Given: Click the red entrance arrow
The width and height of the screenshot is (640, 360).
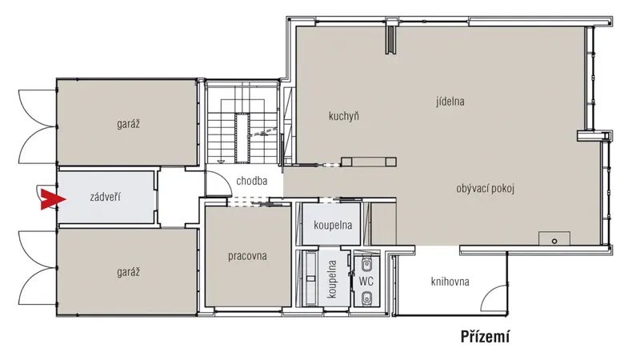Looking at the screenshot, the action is pyautogui.click(x=53, y=199).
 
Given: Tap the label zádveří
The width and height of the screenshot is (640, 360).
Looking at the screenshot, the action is pyautogui.click(x=106, y=198).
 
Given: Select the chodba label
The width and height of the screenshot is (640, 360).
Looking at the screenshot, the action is pyautogui.click(x=252, y=181).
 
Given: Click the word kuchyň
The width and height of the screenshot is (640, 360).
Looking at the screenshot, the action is pyautogui.click(x=344, y=116).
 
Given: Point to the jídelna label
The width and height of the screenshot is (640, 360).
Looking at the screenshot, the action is pyautogui.click(x=450, y=102).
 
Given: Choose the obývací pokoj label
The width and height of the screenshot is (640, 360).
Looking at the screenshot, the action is pyautogui.click(x=486, y=189).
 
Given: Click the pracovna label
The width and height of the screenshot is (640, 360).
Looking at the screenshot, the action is pyautogui.click(x=247, y=256).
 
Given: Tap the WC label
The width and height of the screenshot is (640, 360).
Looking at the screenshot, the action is pyautogui.click(x=366, y=282).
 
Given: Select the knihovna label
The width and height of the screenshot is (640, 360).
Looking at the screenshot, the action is pyautogui.click(x=450, y=282).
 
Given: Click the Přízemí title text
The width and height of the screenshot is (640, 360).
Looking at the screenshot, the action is pyautogui.click(x=486, y=337).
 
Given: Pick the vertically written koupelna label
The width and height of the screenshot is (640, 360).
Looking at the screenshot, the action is pyautogui.click(x=332, y=279).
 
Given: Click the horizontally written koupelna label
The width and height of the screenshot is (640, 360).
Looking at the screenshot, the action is pyautogui.click(x=333, y=225).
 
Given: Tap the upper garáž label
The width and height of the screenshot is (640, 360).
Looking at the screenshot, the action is pyautogui.click(x=128, y=124).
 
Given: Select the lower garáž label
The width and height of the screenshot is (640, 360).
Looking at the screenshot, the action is pyautogui.click(x=128, y=272).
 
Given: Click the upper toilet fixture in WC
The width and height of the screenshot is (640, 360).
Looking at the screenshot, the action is pyautogui.click(x=366, y=265).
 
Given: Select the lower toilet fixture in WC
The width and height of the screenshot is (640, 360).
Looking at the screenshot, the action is pyautogui.click(x=366, y=298).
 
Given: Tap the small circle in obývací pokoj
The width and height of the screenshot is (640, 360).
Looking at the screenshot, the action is pyautogui.click(x=554, y=242).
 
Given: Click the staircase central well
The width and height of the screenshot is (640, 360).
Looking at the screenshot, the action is pyautogui.click(x=242, y=138).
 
